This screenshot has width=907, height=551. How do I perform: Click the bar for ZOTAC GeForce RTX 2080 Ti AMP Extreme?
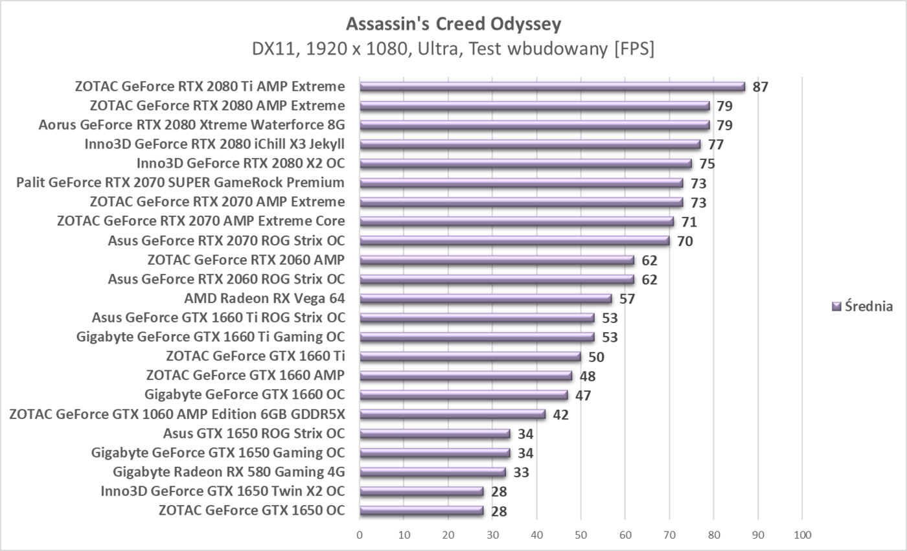[x=552, y=87]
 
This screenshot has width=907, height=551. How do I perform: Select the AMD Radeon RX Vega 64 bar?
[x=485, y=298]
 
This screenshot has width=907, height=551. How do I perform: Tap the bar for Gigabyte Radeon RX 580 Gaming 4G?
[x=432, y=472]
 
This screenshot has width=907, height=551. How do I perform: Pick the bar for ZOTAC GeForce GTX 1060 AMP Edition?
[x=452, y=414]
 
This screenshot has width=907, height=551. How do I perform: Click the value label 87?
[x=760, y=87]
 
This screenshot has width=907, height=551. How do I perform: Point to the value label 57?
[x=627, y=298]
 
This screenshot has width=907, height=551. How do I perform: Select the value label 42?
[x=560, y=414]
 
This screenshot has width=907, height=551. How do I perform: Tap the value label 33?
[x=521, y=472]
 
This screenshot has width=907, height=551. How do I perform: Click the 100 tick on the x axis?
[x=802, y=535]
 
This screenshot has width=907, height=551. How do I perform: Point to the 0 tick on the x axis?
[x=360, y=535]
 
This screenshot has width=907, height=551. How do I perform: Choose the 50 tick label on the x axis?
[x=581, y=535]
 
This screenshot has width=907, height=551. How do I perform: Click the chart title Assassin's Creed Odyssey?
[x=454, y=24]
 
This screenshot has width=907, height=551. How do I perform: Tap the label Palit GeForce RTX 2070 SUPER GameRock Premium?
[x=180, y=183]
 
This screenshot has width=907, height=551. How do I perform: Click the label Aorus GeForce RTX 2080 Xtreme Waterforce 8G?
[x=191, y=125]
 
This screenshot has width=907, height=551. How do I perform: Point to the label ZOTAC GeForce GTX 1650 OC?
[x=251, y=510]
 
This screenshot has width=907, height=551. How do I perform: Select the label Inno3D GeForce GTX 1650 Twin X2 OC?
[x=222, y=491]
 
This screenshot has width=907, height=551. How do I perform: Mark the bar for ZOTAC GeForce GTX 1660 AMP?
[x=466, y=376]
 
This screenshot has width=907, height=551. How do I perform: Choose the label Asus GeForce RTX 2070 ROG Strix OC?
[x=226, y=241]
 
